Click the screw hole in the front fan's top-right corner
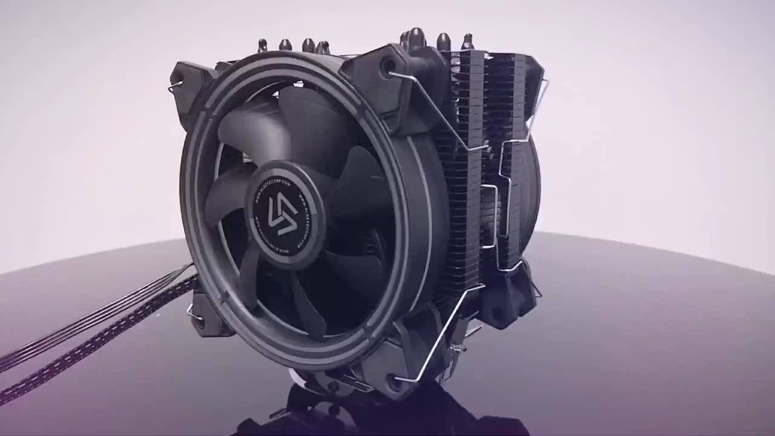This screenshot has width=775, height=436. (x=386, y=66)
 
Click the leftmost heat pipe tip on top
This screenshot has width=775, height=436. (x=263, y=45)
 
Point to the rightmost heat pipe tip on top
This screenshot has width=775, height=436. (x=467, y=41)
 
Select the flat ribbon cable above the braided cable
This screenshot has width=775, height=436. (x=91, y=315)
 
